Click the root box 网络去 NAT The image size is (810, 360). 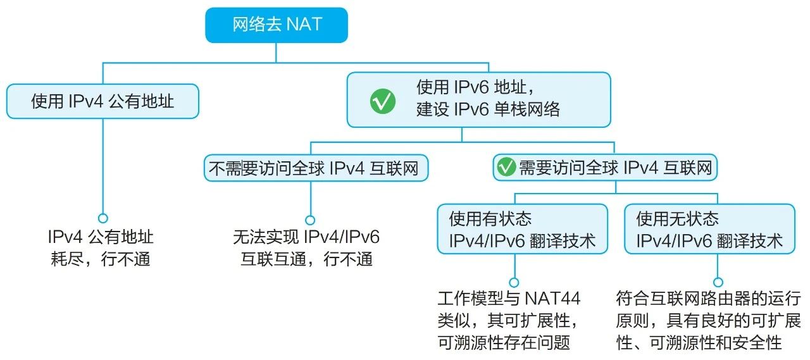point(276,25)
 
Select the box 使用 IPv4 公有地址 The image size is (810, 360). point(103,101)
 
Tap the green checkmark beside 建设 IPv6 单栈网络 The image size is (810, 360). point(383,100)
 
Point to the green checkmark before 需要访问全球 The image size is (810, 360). point(506,168)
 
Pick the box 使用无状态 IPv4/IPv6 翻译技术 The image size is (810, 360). point(709,230)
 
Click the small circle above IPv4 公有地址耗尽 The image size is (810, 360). point(103,216)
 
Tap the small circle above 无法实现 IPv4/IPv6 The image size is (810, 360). point(310,220)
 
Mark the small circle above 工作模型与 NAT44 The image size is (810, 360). point(514,282)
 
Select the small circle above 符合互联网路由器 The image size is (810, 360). point(718,282)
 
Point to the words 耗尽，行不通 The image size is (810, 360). point(101,259)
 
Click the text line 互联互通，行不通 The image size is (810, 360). point(306,259)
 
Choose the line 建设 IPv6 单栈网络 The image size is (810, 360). point(488,109)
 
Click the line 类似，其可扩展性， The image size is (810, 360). point(509,320)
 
